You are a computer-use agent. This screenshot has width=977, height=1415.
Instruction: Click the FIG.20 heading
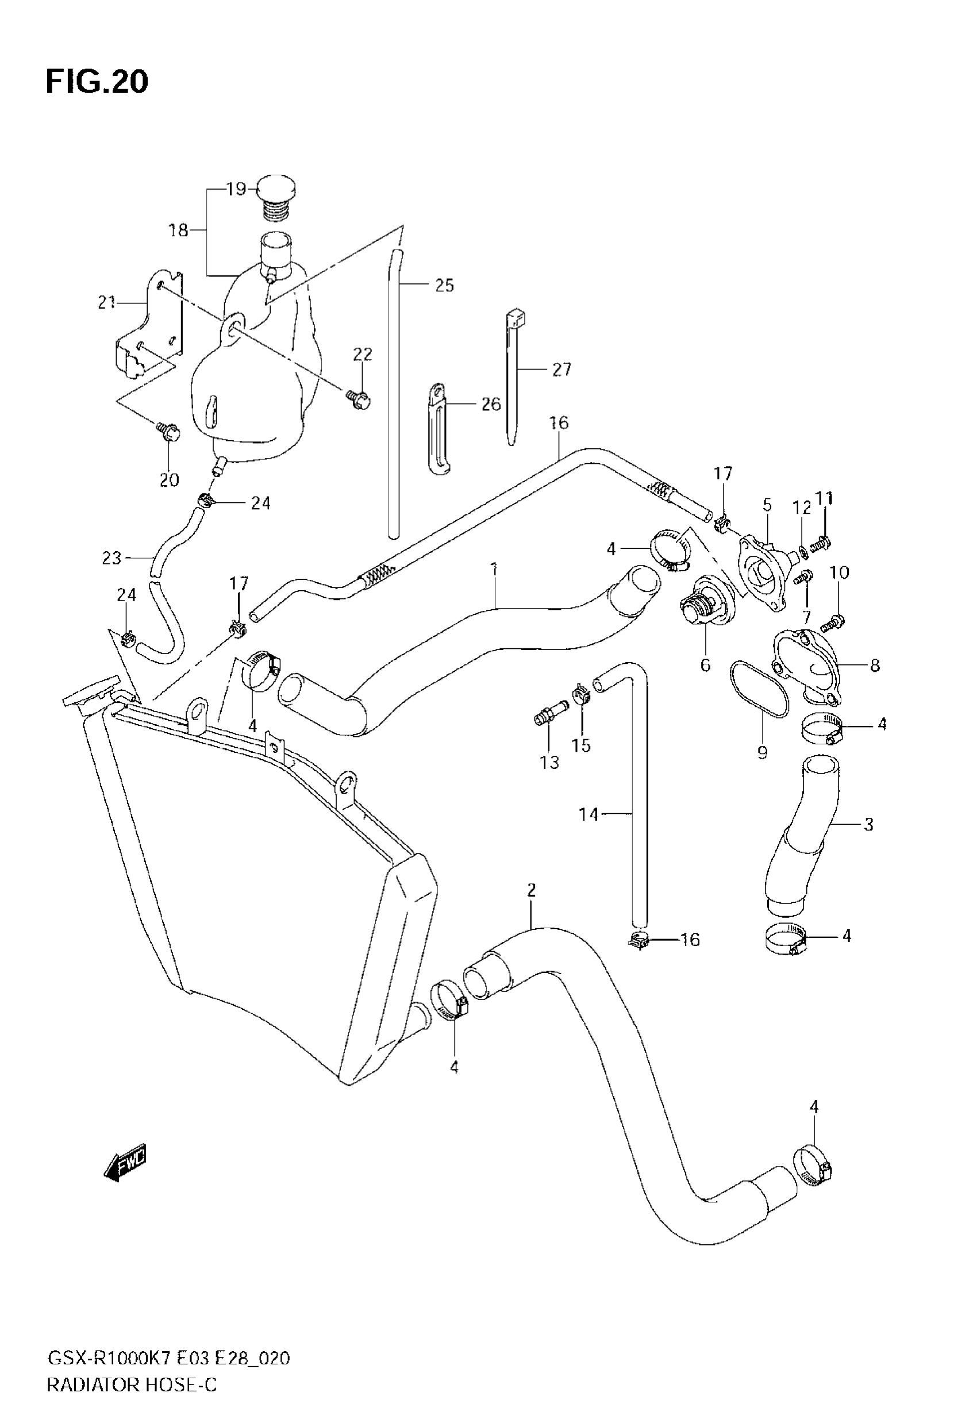point(97,82)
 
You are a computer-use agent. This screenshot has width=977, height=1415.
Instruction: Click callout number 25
point(444,285)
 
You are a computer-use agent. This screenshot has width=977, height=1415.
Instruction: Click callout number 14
point(588,814)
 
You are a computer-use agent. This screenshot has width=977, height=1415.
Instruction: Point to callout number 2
point(532,890)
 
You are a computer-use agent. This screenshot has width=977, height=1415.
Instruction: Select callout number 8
point(875,666)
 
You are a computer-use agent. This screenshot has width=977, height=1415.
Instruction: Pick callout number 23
point(111,558)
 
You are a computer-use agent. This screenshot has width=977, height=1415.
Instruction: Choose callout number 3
point(868,824)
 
